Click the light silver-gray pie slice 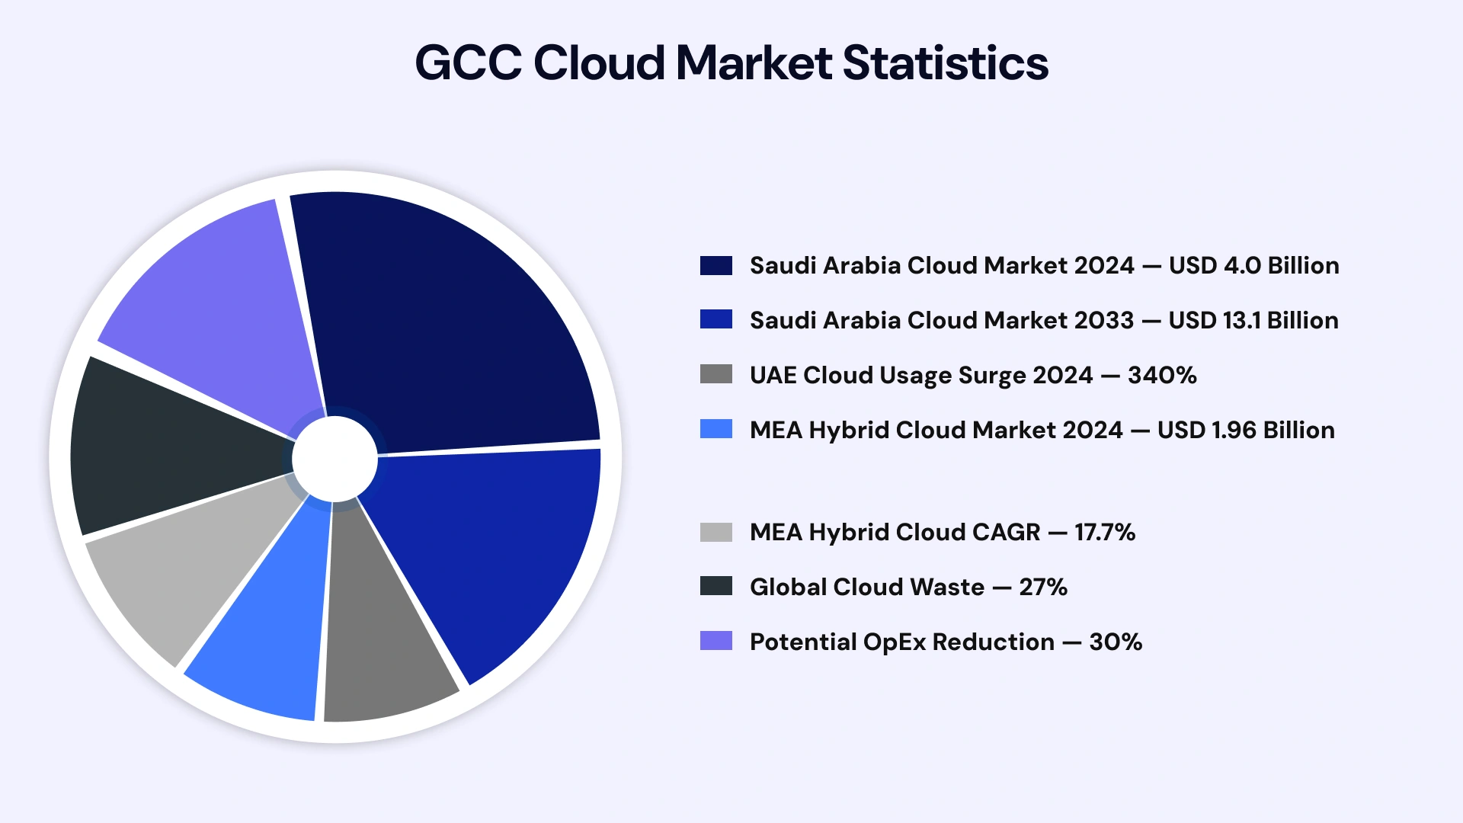tap(183, 572)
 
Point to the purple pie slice tap(221, 305)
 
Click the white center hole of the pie tap(335, 460)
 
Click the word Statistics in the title tap(945, 62)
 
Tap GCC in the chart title tap(468, 62)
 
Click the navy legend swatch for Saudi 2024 tap(715, 265)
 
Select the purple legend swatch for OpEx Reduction tap(715, 641)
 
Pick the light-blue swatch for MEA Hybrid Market tap(715, 429)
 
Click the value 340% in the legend tap(1162, 375)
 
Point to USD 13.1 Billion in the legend tap(1253, 320)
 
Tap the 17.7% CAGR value tap(1105, 532)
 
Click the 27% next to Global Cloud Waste tap(1043, 587)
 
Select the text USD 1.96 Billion tap(1246, 430)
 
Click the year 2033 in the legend tap(1103, 320)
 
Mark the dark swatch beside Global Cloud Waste tap(715, 586)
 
